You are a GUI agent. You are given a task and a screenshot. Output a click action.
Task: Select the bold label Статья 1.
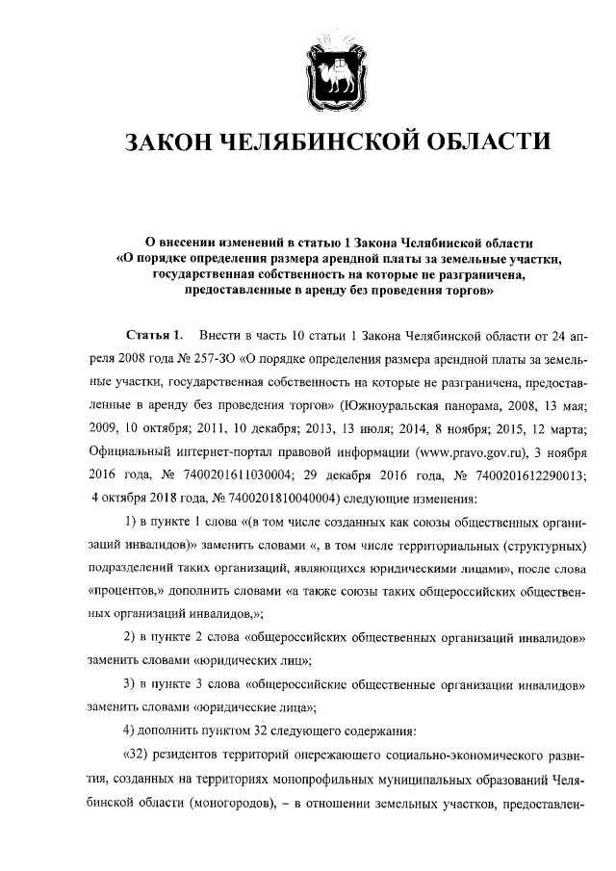click(155, 336)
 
